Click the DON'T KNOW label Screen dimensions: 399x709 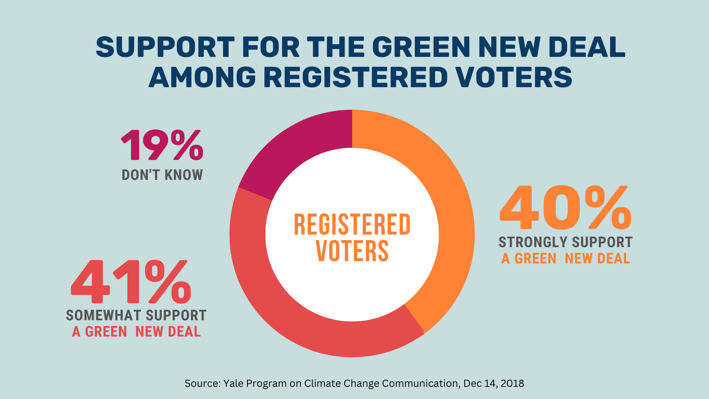click(162, 175)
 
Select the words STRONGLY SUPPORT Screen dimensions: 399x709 click(565, 242)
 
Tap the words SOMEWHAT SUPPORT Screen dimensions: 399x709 click(136, 316)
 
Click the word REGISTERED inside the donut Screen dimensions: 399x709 click(352, 225)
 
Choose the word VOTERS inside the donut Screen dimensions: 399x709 click(352, 251)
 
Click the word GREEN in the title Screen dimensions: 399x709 click(421, 47)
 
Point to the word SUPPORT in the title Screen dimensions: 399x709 click(165, 47)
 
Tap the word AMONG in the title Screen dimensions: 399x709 click(202, 78)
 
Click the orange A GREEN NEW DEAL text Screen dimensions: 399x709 click(565, 259)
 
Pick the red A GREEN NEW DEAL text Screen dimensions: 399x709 click(136, 332)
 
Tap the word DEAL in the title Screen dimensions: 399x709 click(587, 47)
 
